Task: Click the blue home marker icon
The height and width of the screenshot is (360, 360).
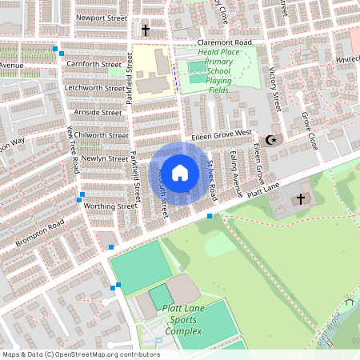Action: (x=180, y=173)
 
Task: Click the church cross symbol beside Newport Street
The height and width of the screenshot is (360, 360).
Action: (x=146, y=30)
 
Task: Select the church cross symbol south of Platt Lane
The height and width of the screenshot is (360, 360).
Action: (x=302, y=198)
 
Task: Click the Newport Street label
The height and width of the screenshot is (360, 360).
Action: (x=100, y=16)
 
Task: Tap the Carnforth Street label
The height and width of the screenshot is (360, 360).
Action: (x=94, y=64)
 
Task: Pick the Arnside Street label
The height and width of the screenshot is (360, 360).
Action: (x=97, y=113)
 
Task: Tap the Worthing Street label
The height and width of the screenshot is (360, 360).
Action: (x=111, y=206)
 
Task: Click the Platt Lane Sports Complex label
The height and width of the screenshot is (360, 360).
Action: (x=184, y=319)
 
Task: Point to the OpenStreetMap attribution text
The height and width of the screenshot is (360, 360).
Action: (x=81, y=354)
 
